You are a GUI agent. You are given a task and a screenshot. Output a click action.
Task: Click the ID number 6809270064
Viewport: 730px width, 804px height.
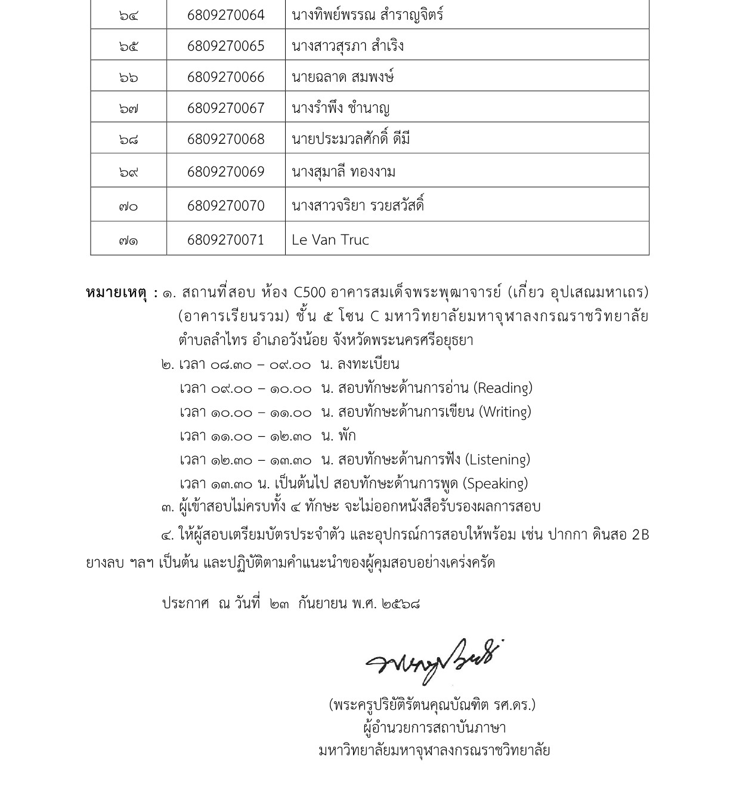click(225, 15)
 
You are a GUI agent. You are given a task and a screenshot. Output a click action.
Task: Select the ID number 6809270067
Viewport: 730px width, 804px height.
click(225, 108)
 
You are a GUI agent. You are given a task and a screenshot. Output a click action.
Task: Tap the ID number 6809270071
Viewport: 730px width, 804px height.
click(225, 240)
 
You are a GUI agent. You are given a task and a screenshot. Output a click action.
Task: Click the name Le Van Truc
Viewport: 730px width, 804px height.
click(330, 240)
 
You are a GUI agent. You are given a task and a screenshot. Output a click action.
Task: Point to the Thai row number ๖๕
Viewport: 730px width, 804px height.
click(128, 47)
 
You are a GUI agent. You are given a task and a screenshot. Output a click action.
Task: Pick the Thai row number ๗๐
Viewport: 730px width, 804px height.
click(128, 207)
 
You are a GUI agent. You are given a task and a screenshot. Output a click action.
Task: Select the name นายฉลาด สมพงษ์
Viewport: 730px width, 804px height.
click(343, 77)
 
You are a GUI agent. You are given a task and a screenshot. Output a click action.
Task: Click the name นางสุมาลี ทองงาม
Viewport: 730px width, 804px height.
click(344, 172)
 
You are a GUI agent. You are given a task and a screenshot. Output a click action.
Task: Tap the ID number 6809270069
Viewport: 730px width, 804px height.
click(225, 172)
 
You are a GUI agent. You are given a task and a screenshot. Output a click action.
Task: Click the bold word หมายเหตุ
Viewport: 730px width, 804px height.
click(118, 293)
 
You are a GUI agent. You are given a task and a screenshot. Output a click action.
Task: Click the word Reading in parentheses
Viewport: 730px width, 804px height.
click(503, 388)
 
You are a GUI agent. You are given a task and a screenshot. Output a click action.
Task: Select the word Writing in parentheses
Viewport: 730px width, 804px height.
click(505, 412)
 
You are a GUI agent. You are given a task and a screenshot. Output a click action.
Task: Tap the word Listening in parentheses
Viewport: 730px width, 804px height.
click(497, 460)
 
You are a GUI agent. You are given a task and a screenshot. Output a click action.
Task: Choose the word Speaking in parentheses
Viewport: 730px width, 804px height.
click(495, 483)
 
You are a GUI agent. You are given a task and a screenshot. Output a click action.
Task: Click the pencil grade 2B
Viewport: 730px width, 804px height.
click(639, 535)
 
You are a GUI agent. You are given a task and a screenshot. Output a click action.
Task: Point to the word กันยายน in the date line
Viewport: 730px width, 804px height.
click(323, 603)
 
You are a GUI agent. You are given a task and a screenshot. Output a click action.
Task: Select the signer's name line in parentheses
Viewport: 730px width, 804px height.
click(432, 705)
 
